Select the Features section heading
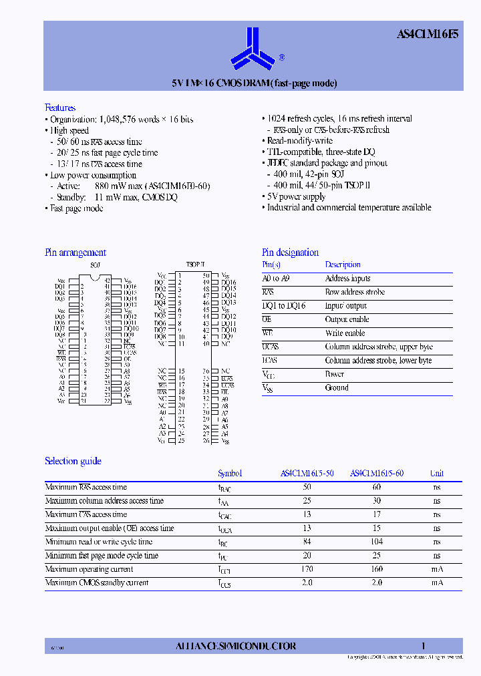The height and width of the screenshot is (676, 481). click(x=60, y=108)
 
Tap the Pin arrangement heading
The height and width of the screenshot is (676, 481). click(x=75, y=252)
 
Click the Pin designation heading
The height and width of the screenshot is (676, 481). click(x=290, y=252)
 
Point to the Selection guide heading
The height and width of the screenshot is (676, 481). click(x=73, y=461)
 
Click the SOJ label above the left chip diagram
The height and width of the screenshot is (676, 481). click(x=96, y=265)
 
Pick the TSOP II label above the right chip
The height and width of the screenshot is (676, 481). click(x=195, y=265)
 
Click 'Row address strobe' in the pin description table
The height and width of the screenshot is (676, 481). click(x=354, y=292)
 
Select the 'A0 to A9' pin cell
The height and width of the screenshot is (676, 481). click(x=277, y=279)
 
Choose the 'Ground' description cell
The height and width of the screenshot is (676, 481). click(x=337, y=387)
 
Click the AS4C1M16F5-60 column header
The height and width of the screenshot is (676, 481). click(x=377, y=474)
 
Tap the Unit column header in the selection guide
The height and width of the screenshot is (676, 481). click(x=436, y=474)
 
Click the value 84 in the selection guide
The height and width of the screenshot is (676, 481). click(x=307, y=542)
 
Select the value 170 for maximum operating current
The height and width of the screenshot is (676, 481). click(x=307, y=569)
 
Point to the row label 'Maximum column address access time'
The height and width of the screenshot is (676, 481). click(x=104, y=500)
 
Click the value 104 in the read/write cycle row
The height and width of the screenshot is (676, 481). click(x=377, y=542)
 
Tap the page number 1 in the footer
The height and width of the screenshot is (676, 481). click(x=423, y=646)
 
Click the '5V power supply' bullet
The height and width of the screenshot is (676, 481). click(x=296, y=196)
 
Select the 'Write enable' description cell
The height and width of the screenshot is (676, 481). click(x=345, y=333)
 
